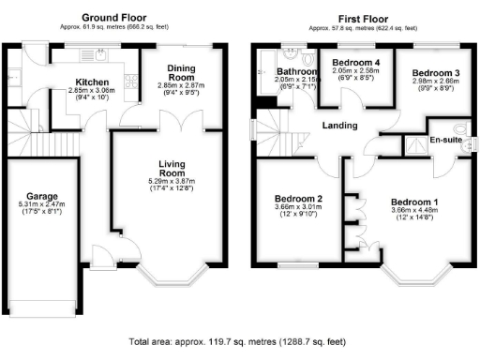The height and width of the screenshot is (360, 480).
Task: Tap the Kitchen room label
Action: (93, 82)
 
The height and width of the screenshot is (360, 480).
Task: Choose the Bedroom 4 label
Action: (356, 62)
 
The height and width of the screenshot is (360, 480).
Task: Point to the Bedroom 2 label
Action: (298, 199)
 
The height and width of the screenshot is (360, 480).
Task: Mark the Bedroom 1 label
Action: (413, 202)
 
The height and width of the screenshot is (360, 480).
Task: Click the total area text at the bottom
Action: (240, 343)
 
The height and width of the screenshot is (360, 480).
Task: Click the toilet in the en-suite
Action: (458, 129)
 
